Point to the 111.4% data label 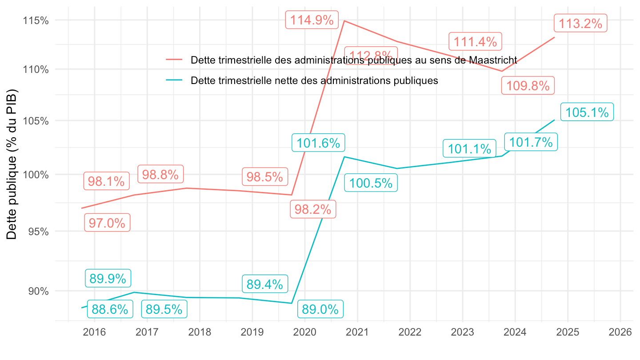(x=475, y=42)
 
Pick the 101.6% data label (x=318, y=143)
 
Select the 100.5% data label (x=371, y=183)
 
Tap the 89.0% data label (x=320, y=309)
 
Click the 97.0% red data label (x=107, y=223)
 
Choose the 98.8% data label (x=160, y=175)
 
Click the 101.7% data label (x=531, y=142)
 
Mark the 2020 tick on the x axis (x=304, y=332)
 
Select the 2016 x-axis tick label (x=94, y=332)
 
